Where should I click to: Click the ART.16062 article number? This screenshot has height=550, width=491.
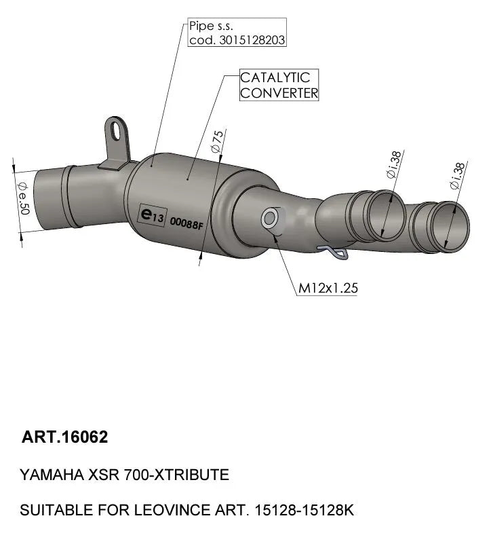pyautogui.click(x=65, y=437)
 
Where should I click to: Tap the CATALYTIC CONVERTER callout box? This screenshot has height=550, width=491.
pyautogui.click(x=279, y=86)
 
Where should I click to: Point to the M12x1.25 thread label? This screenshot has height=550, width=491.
pyautogui.click(x=328, y=288)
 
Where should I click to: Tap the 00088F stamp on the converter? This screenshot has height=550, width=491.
pyautogui.click(x=186, y=222)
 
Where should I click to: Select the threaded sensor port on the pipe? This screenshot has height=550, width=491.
pyautogui.click(x=269, y=218)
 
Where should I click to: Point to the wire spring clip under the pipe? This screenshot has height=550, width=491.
pyautogui.click(x=336, y=253)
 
